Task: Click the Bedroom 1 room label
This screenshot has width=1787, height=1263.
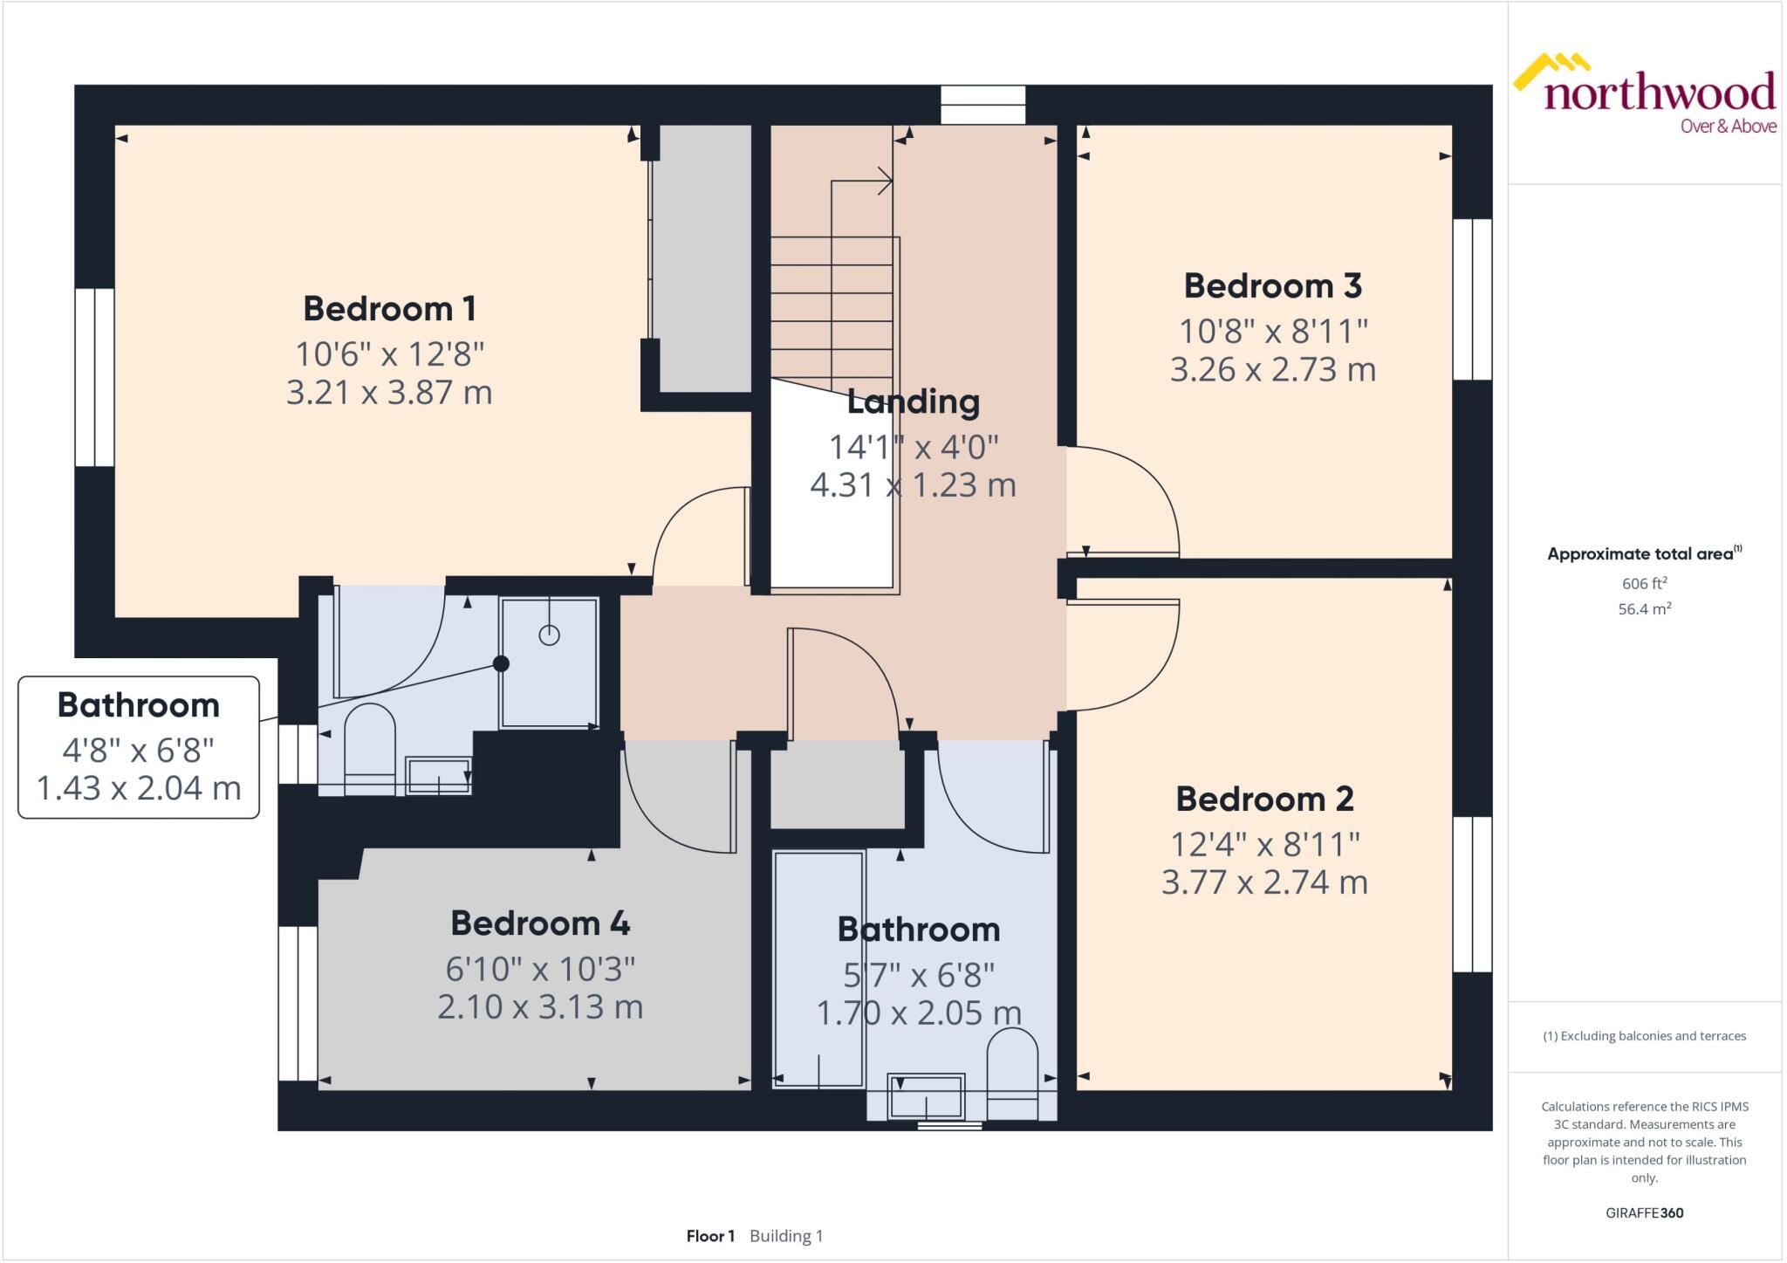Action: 389,309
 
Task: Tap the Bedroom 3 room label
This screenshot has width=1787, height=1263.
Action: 1272,286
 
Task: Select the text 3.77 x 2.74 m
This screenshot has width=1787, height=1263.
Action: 1263,882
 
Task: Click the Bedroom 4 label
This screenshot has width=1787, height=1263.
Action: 539,923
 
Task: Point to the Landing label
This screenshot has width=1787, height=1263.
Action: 913,402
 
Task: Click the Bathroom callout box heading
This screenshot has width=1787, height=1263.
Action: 138,705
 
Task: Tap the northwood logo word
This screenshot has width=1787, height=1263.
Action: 1659,93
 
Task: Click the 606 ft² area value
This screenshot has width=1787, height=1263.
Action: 1644,584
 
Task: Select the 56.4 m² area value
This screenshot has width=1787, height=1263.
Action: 1644,609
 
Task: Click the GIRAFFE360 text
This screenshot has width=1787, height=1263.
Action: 1644,1212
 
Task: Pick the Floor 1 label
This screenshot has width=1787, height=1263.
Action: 710,1236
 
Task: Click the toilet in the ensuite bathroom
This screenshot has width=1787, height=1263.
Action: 370,746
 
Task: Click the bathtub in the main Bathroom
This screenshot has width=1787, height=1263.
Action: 818,969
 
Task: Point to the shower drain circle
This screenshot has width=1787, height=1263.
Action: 549,635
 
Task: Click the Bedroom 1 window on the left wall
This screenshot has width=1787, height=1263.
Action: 94,377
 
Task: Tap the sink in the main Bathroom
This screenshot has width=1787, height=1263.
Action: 926,1096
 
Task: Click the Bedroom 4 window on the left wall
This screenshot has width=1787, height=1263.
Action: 298,1004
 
